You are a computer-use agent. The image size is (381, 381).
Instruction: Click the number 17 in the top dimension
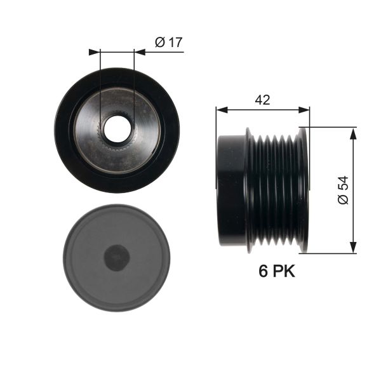[x=175, y=43]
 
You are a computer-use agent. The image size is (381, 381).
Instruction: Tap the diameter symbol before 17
[x=159, y=43]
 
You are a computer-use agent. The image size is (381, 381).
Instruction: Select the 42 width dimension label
[x=263, y=100]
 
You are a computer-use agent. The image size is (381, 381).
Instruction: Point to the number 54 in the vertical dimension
[x=343, y=184]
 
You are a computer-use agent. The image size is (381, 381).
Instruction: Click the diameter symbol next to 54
[x=343, y=199]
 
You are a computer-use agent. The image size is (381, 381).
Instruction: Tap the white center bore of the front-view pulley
[x=117, y=130]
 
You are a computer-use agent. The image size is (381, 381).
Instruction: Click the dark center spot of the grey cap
[x=117, y=257]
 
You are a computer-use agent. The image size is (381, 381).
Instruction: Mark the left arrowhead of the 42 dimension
[x=220, y=110]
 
